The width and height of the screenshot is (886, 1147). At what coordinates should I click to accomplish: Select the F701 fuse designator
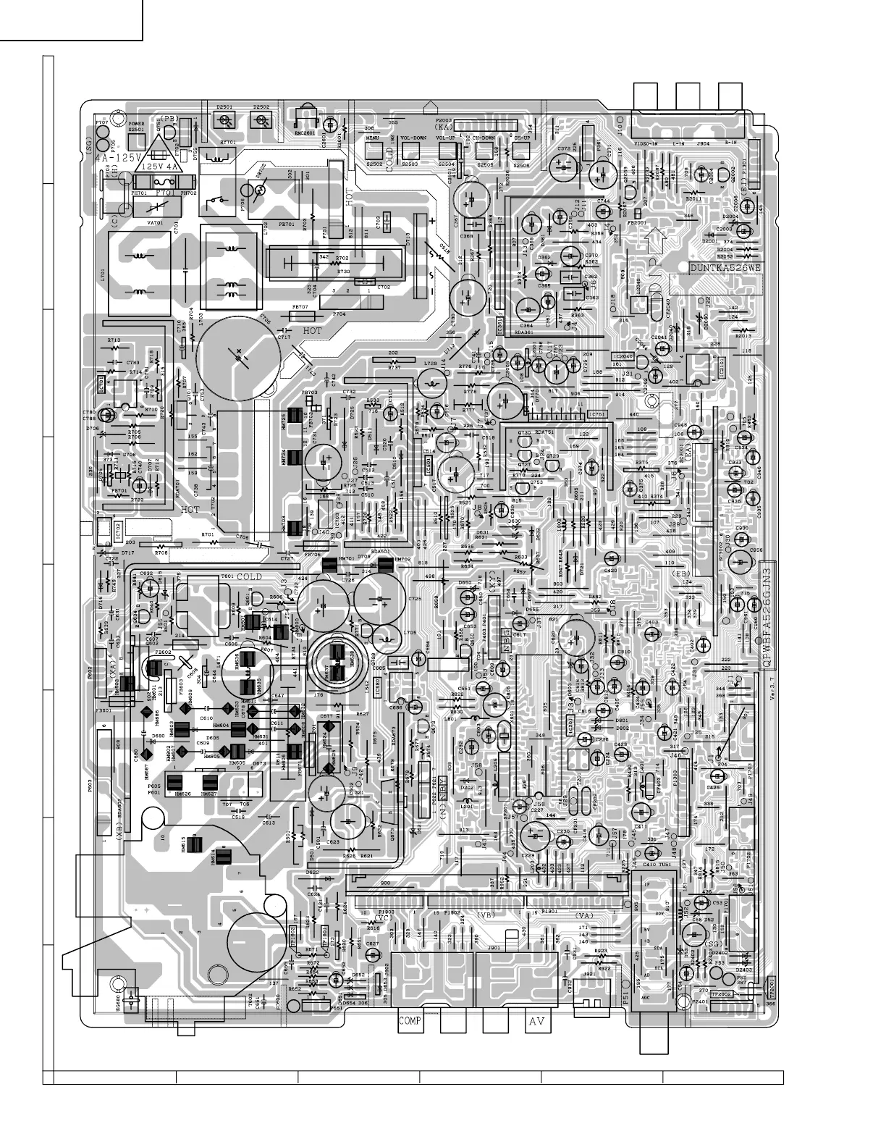pyautogui.click(x=164, y=193)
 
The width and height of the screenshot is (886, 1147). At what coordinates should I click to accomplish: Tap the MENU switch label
pyautogui.click(x=374, y=138)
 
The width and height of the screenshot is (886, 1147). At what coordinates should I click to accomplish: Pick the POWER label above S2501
pyautogui.click(x=137, y=124)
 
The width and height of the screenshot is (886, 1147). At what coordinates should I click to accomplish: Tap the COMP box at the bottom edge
pyautogui.click(x=410, y=1022)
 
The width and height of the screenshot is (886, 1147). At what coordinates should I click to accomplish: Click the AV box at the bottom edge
pyautogui.click(x=537, y=1022)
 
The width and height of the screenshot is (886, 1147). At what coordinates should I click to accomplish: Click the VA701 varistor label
pyautogui.click(x=155, y=223)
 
